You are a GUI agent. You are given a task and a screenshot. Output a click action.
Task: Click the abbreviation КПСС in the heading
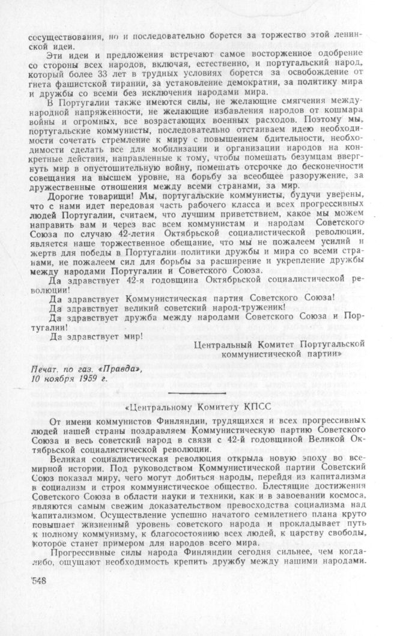(x=255, y=407)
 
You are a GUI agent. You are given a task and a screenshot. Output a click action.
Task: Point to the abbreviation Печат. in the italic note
(x=45, y=368)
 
